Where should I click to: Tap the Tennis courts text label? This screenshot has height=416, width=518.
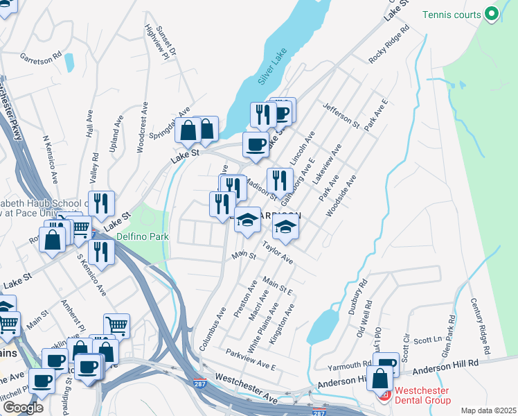click(452, 14)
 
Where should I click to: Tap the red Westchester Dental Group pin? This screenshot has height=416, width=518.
click(384, 395)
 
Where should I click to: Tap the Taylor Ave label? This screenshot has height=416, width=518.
click(277, 253)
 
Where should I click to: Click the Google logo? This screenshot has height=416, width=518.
click(23, 408)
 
